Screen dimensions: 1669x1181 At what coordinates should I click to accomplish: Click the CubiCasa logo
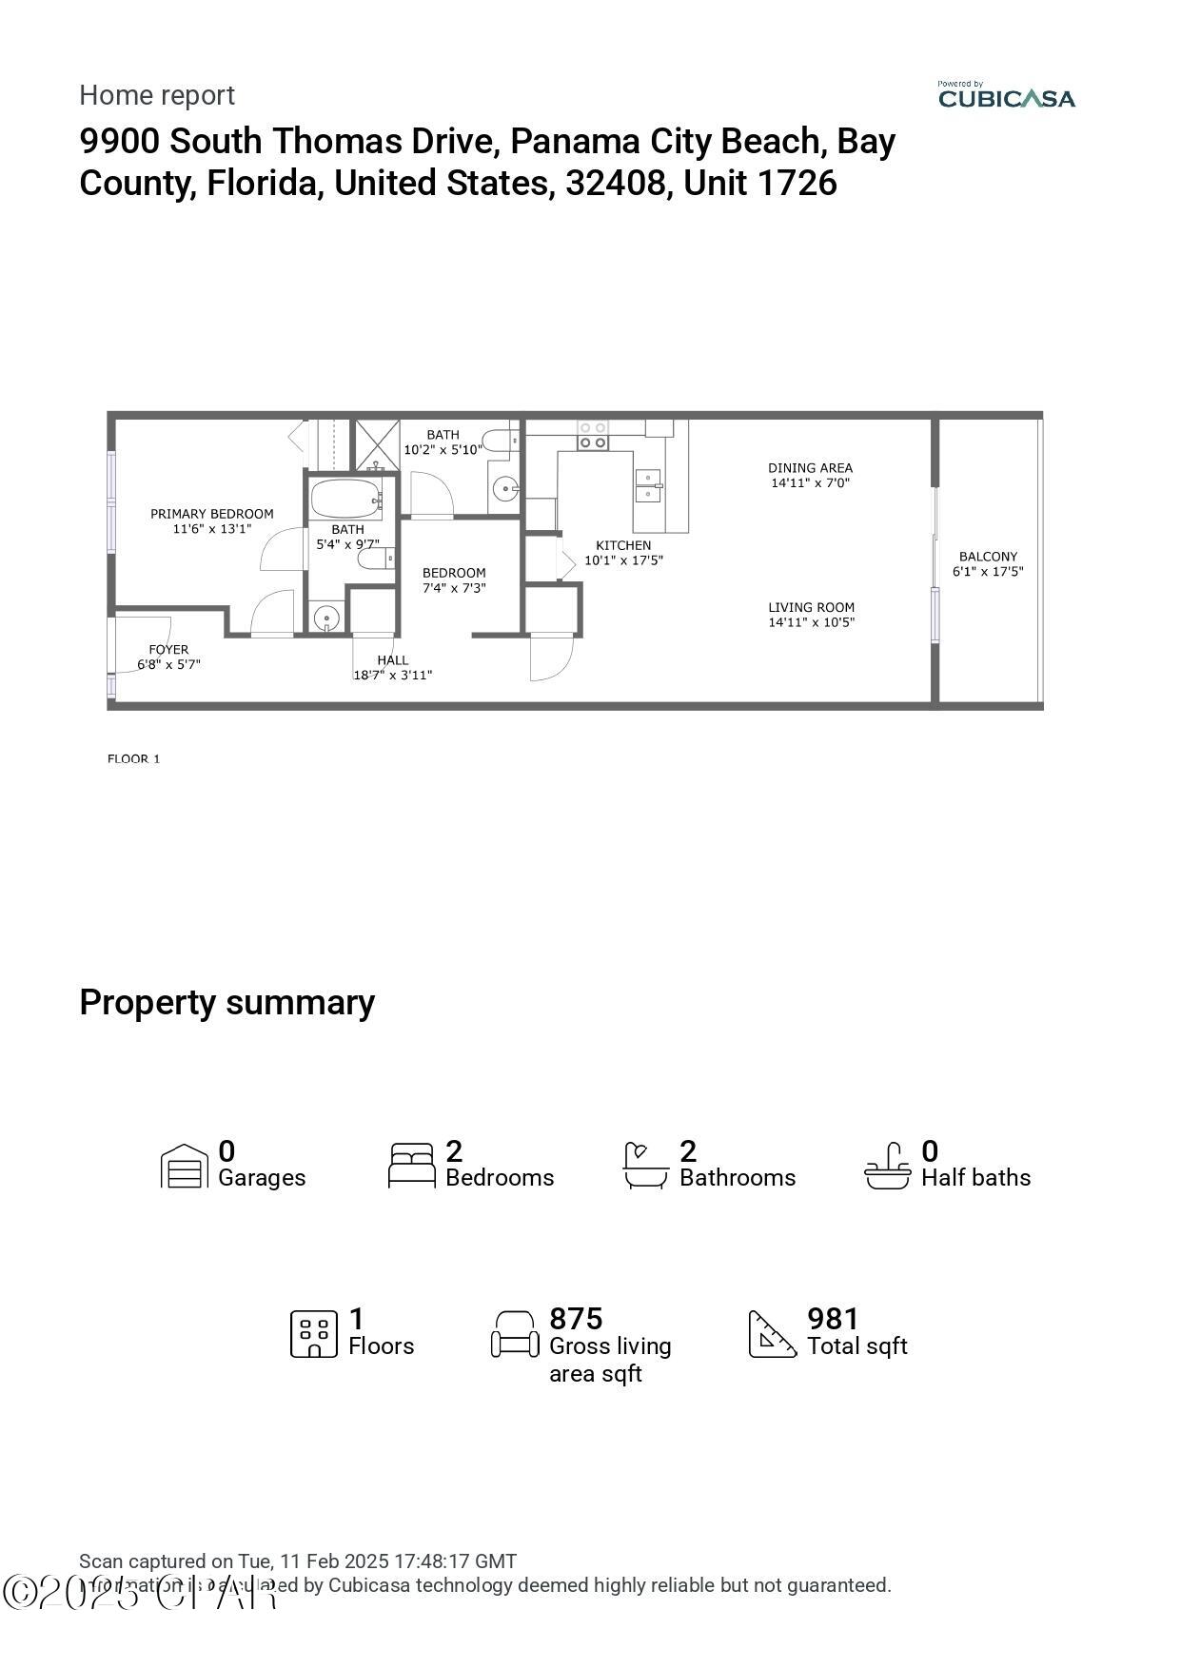coord(1006,95)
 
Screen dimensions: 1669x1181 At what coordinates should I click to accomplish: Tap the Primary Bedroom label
coord(211,514)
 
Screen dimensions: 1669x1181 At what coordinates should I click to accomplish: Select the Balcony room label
coord(988,557)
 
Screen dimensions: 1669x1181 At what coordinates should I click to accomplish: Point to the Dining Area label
coord(810,468)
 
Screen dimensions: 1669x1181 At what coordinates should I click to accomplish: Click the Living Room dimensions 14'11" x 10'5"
coord(812,622)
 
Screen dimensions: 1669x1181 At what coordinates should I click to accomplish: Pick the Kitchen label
coord(623,545)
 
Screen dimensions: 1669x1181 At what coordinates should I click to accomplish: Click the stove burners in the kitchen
coord(593,436)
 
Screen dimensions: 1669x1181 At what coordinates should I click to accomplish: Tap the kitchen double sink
coord(648,484)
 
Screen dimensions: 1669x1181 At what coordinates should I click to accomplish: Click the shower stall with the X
coord(377,444)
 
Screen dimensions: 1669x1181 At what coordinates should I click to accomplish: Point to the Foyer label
coord(168,650)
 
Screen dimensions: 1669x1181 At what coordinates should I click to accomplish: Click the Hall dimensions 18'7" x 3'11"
coord(392,675)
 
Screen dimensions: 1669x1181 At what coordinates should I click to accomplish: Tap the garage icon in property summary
coord(184,1166)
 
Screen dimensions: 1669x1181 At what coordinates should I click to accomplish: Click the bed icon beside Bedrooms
coord(412,1166)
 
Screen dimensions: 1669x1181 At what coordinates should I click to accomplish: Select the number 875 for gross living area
coord(576,1319)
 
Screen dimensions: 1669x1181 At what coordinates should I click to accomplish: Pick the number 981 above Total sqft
coord(833,1319)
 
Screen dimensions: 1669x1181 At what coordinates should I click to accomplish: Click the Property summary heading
coord(226,1002)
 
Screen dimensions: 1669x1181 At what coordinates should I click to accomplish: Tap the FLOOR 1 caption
coord(133,758)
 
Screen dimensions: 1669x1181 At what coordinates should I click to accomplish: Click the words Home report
coord(157,95)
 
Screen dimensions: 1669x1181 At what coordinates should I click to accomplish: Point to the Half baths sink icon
coord(887,1166)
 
